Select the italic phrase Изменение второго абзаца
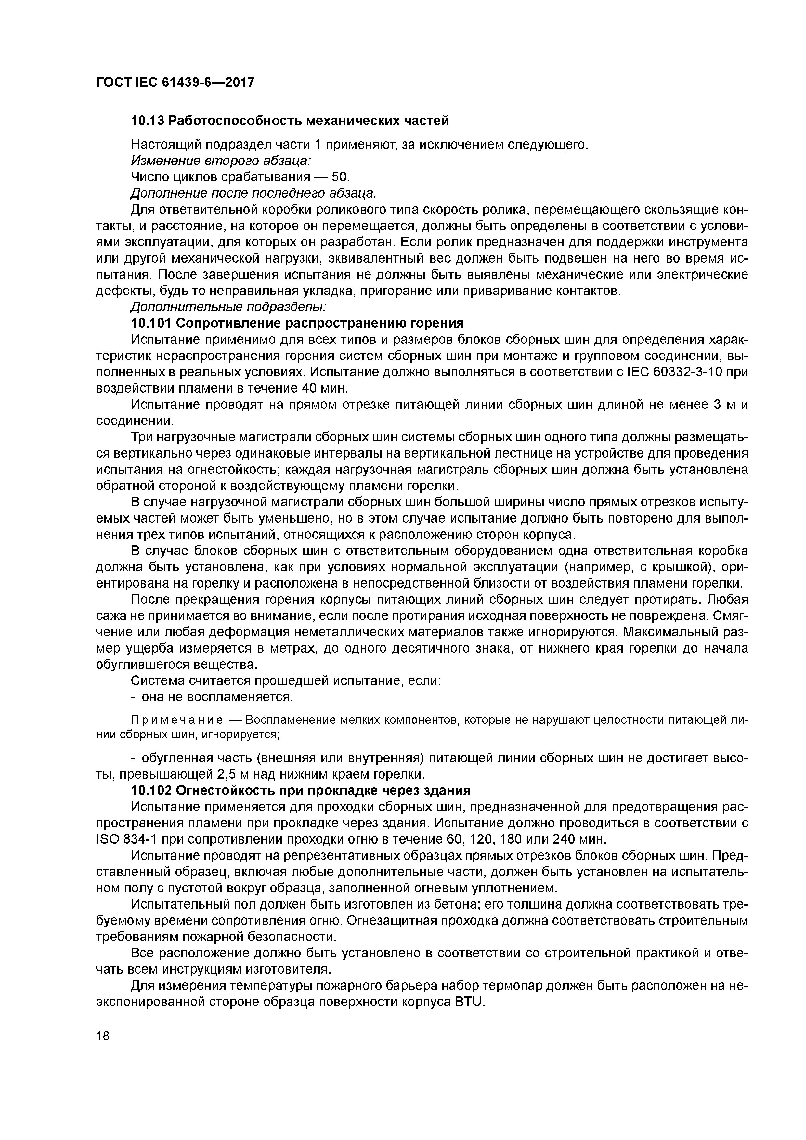[x=220, y=161]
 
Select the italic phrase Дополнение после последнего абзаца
[x=253, y=193]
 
